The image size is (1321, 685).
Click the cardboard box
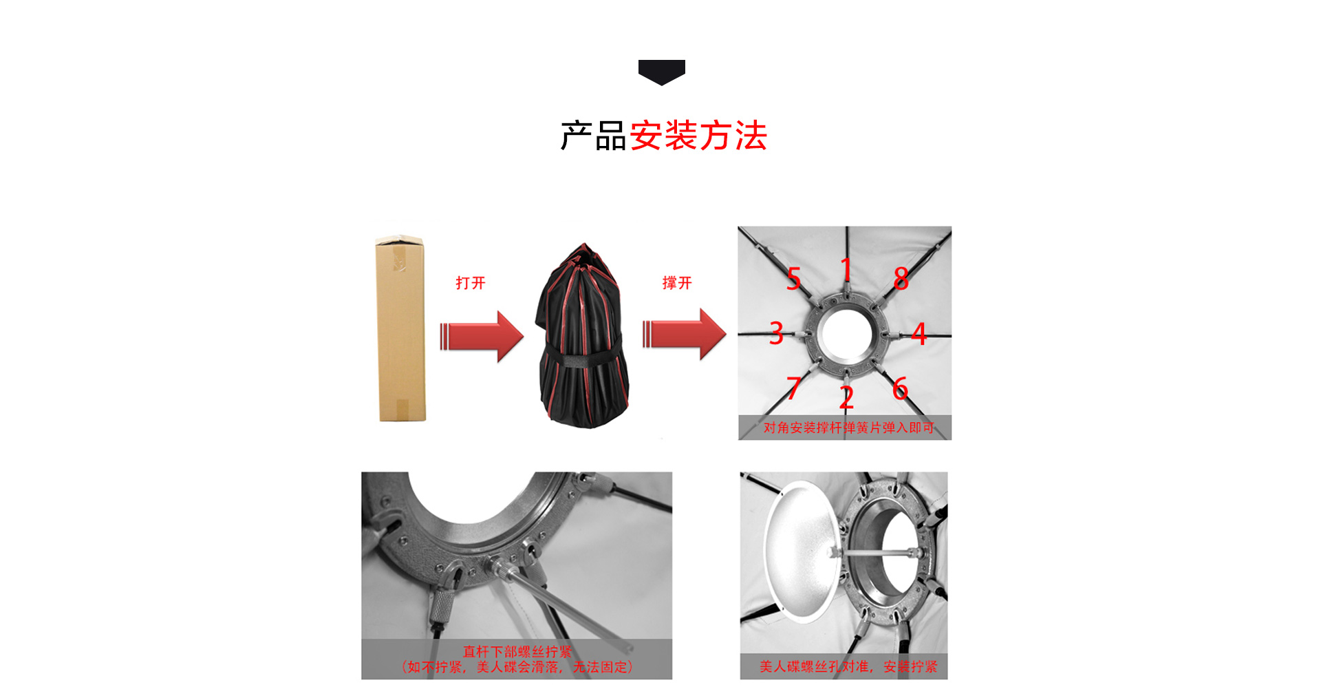(400, 328)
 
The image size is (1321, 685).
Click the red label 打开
(471, 283)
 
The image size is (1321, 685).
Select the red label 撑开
(677, 283)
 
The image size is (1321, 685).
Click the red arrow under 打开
(482, 337)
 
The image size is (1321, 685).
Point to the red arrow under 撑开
(685, 335)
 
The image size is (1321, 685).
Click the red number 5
(794, 279)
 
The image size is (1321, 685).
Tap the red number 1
(847, 269)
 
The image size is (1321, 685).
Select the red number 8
(901, 278)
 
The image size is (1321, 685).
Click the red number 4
(919, 334)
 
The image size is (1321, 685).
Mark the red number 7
(793, 388)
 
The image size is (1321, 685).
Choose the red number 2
(846, 397)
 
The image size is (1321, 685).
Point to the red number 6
(900, 388)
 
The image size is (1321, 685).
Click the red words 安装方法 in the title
(698, 136)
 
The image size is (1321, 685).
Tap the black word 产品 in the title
(593, 136)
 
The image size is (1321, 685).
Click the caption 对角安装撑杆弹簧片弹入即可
(849, 428)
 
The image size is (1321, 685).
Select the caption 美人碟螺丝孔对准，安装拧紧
(848, 666)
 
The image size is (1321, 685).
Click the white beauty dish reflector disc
(803, 552)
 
